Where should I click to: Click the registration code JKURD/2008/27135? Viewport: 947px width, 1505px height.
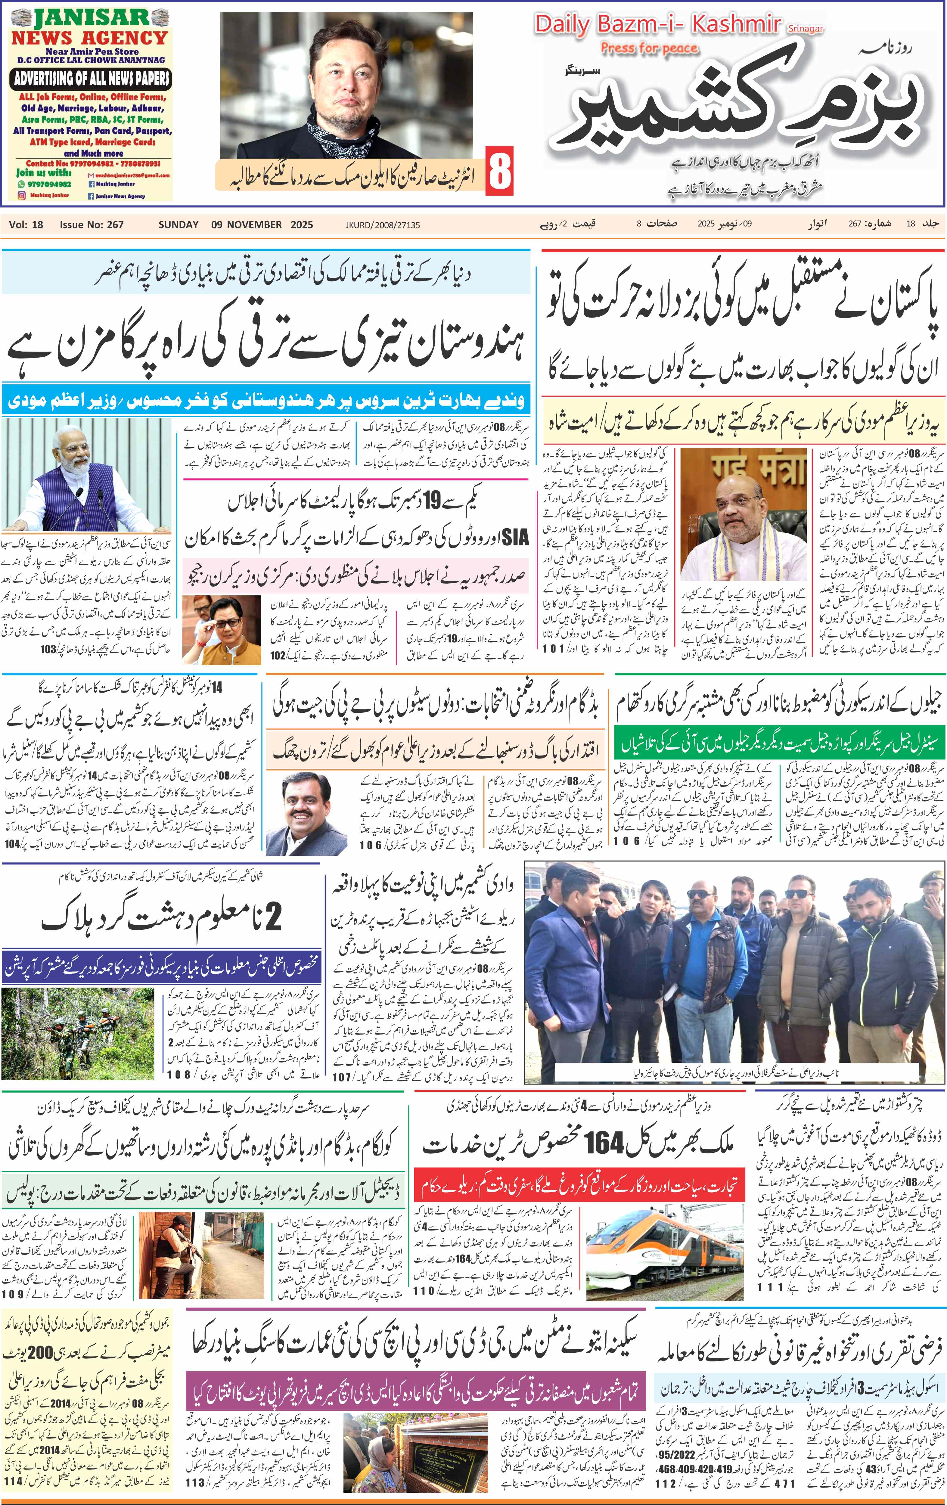point(383,225)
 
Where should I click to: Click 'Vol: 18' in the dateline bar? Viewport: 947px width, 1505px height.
point(26,224)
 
